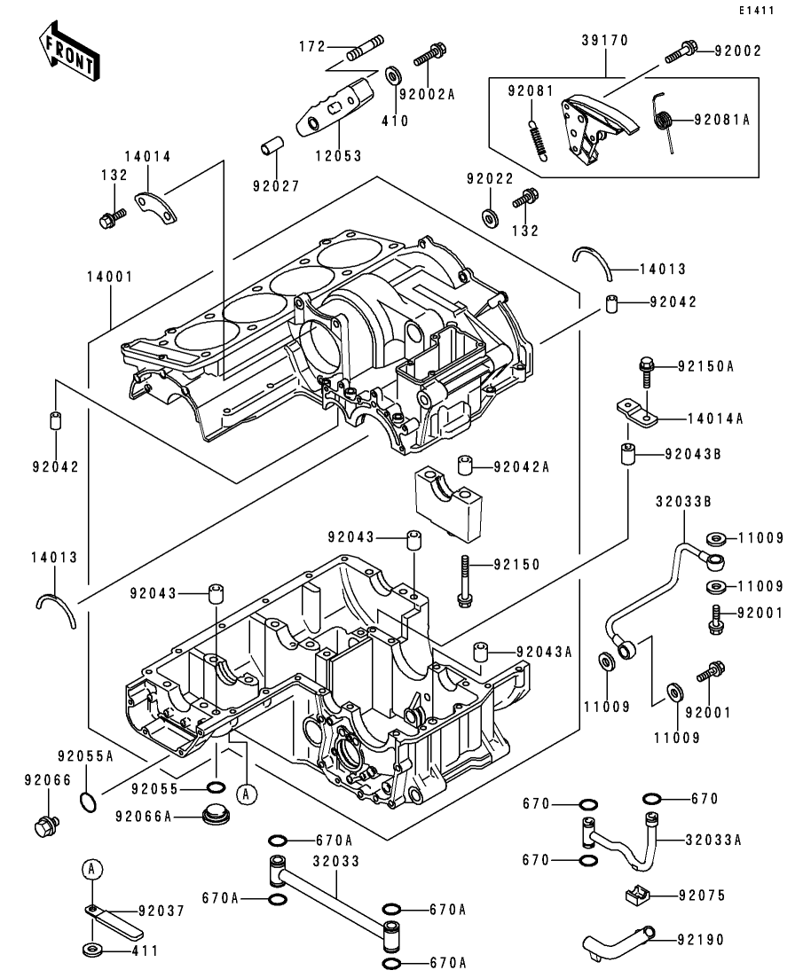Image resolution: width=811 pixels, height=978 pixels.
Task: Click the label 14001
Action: [110, 278]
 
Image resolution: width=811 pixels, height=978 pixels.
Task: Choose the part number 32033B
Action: [684, 500]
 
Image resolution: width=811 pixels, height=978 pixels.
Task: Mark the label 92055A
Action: [86, 756]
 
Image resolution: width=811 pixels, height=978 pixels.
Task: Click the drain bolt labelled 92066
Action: [44, 827]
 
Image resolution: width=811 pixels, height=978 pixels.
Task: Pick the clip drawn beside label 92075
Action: [640, 896]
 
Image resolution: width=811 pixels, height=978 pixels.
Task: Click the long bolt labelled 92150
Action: [465, 582]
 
